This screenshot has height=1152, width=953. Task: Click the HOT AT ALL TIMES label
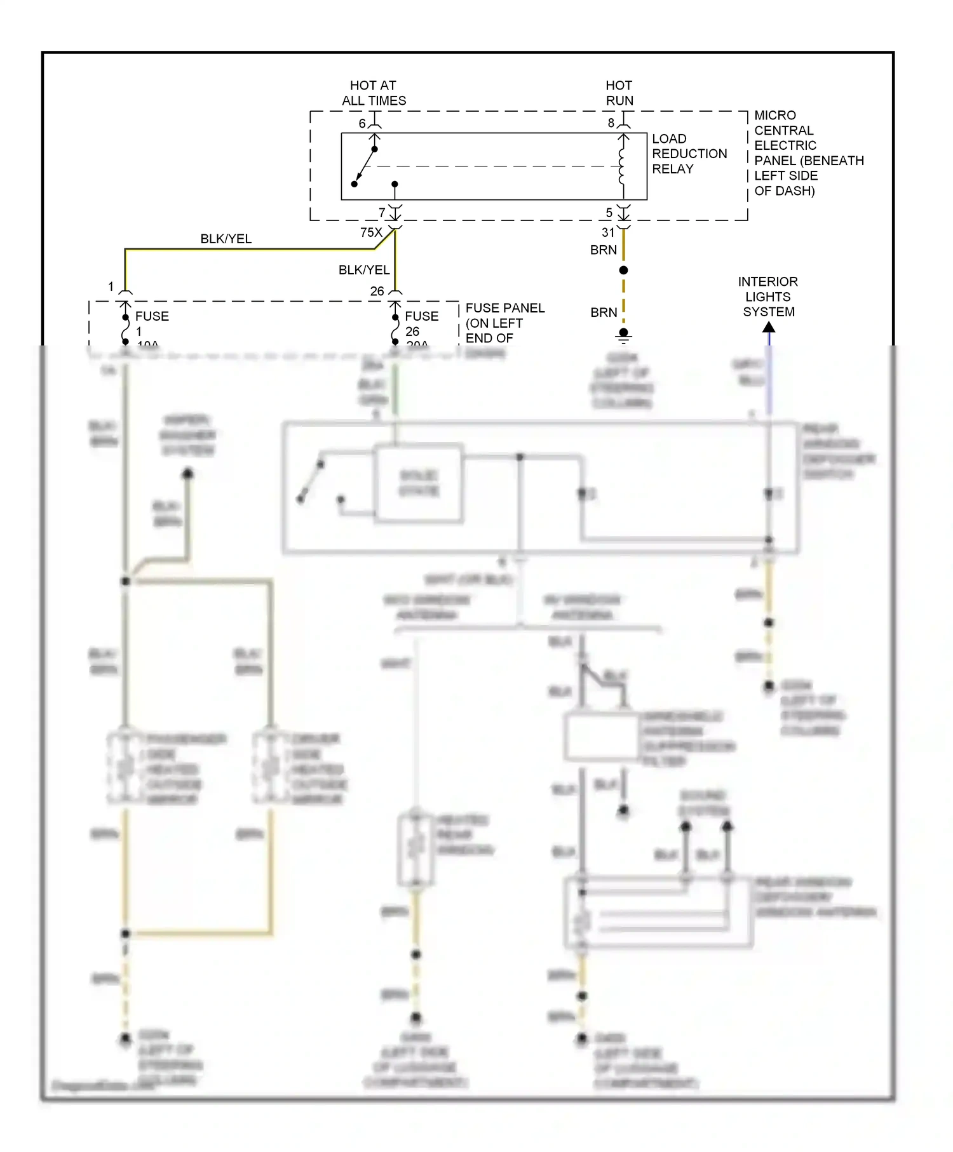[x=374, y=93]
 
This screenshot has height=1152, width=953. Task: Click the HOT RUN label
[x=619, y=93]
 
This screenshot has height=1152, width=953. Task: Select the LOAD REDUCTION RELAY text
[x=689, y=154]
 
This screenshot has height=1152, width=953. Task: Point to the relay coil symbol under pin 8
[x=622, y=166]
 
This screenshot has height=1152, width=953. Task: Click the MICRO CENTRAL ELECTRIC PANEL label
[x=808, y=153]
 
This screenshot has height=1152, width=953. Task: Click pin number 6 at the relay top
[x=362, y=123]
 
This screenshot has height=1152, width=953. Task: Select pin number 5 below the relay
[x=609, y=213]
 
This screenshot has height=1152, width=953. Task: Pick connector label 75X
[x=371, y=232]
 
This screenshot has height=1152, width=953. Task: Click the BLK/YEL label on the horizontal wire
[x=226, y=239]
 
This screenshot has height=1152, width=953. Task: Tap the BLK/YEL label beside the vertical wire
[x=363, y=270]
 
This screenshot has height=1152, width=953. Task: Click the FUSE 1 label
[x=151, y=324]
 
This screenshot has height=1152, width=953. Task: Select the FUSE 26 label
[x=421, y=324]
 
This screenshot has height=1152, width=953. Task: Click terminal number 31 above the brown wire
[x=608, y=232]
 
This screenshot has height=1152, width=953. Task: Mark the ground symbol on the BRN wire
[x=623, y=335]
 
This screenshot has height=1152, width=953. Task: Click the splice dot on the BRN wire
[x=623, y=271]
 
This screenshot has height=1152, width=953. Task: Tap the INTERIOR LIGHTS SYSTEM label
[x=767, y=297]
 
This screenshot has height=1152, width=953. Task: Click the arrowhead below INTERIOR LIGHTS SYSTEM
[x=769, y=328]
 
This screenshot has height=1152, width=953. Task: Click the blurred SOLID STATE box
[x=419, y=484]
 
